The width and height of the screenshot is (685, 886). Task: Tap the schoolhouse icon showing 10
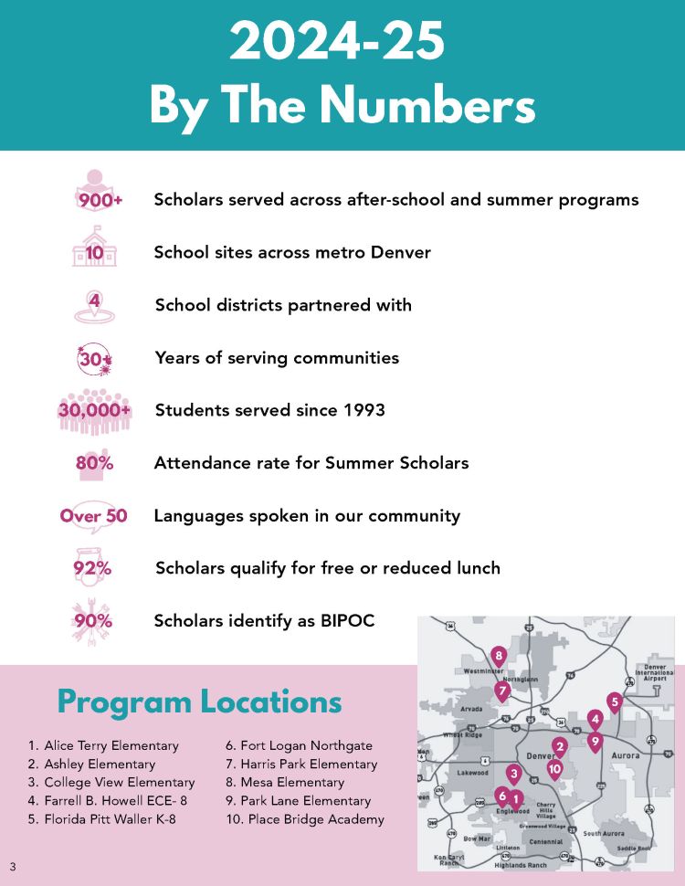point(94,249)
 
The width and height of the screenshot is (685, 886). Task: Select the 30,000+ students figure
point(95,410)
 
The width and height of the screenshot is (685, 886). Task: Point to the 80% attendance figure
point(95,463)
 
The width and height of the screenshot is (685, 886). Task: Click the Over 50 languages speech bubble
point(93,516)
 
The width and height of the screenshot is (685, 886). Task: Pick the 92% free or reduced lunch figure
point(92,568)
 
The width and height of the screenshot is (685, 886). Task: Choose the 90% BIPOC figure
point(93,621)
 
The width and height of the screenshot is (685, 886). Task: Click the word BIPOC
point(342,621)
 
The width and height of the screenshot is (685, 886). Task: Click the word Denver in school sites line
point(400,252)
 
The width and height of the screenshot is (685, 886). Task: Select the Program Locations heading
point(199,701)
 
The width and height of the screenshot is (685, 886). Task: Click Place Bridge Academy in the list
point(306,819)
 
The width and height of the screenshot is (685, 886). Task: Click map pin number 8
point(498,655)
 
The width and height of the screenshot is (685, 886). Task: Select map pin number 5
point(614,701)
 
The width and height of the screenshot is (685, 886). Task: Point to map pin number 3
point(513,775)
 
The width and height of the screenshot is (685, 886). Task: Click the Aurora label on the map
point(625,756)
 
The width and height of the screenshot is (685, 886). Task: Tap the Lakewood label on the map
point(472,773)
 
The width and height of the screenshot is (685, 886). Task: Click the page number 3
point(13,866)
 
